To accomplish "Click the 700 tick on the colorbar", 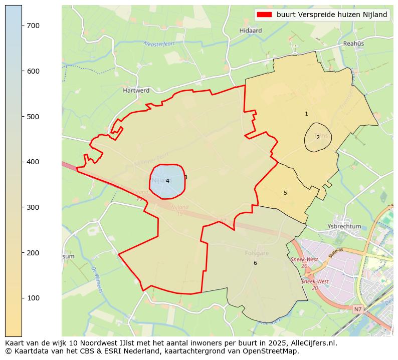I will pyautogui.click(x=22, y=26).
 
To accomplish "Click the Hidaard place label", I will pyautogui.click(x=251, y=31).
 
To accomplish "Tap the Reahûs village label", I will pyautogui.click(x=353, y=44).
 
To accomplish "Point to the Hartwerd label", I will pyautogui.click(x=136, y=91).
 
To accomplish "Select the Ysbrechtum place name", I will pyautogui.click(x=344, y=226).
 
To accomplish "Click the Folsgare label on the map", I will pyautogui.click(x=257, y=253).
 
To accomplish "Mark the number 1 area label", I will pyautogui.click(x=306, y=114).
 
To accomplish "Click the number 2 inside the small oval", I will pyautogui.click(x=318, y=137).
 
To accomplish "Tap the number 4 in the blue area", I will pyautogui.click(x=167, y=181).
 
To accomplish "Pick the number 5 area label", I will pyautogui.click(x=285, y=193).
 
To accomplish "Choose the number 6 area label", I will pyautogui.click(x=255, y=263).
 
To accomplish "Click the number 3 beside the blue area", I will pyautogui.click(x=185, y=177).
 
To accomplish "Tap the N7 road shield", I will pyautogui.click(x=357, y=309).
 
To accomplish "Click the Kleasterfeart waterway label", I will pyautogui.click(x=159, y=44).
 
